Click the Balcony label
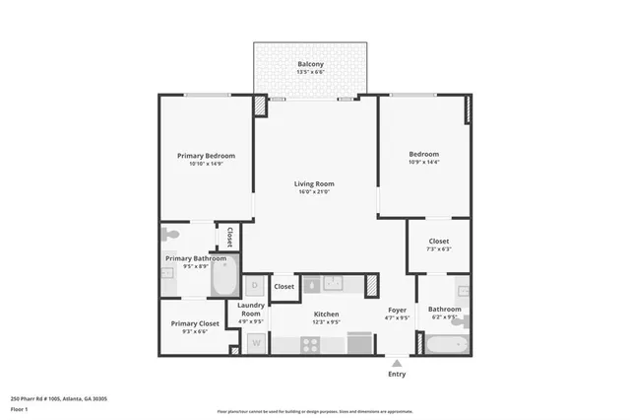pyautogui.click(x=310, y=65)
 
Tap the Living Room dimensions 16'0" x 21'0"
pyautogui.click(x=314, y=192)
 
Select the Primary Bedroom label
pyautogui.click(x=206, y=156)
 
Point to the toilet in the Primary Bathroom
pyautogui.click(x=169, y=235)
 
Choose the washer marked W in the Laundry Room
pyautogui.click(x=254, y=343)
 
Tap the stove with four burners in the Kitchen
pyautogui.click(x=310, y=344)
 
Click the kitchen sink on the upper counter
pyautogui.click(x=332, y=284)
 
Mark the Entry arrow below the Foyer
pyautogui.click(x=397, y=361)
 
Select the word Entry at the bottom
pyautogui.click(x=397, y=374)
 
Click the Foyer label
pyautogui.click(x=397, y=310)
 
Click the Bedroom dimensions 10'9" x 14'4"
pyautogui.click(x=424, y=163)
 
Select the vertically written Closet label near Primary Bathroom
pyautogui.click(x=229, y=237)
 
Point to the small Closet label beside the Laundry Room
pyautogui.click(x=283, y=287)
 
